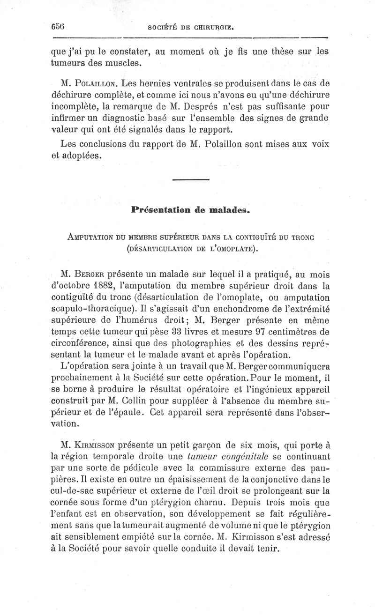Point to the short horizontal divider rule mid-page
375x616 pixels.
191,180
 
